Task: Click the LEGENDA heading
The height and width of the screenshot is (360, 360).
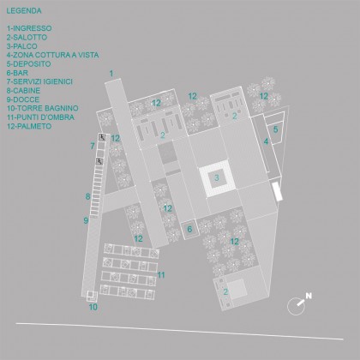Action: (x=24, y=11)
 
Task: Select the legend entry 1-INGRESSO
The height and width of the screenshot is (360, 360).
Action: (x=29, y=28)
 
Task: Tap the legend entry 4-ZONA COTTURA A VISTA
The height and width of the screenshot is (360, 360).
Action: (x=53, y=55)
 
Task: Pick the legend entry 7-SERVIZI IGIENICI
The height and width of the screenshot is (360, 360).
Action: (x=39, y=81)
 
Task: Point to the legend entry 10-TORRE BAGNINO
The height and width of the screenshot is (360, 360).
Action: (x=43, y=108)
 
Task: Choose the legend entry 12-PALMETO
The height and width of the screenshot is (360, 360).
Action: (x=29, y=126)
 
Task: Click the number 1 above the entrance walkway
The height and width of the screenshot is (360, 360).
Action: (x=111, y=74)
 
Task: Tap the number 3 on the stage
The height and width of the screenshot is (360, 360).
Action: (x=217, y=177)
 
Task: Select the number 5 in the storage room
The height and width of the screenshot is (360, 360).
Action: (x=275, y=129)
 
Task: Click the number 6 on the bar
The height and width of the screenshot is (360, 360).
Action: (x=189, y=229)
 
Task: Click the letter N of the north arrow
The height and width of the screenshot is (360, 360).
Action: (x=309, y=296)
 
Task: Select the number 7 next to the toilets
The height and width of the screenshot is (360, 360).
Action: (x=93, y=147)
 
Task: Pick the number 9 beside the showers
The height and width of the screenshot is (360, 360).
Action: (x=86, y=220)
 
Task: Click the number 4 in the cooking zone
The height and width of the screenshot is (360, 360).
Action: (x=266, y=141)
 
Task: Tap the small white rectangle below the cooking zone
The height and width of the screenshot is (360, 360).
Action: (x=277, y=191)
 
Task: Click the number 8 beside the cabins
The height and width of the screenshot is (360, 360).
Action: (x=88, y=196)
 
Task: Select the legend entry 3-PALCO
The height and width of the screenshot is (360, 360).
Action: (x=22, y=46)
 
